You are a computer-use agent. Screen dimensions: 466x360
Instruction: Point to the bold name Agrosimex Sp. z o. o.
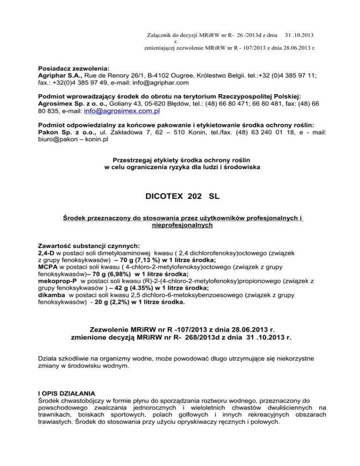coord(73,105)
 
